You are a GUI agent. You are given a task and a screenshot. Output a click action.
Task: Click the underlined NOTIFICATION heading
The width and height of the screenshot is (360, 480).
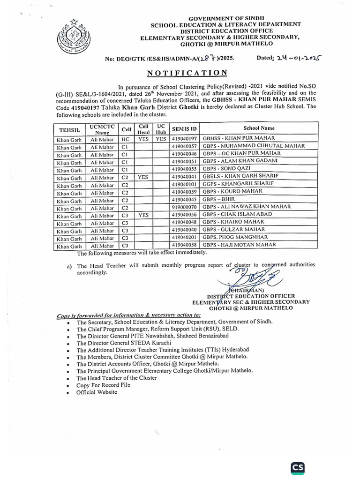pyautogui.click(x=187, y=73)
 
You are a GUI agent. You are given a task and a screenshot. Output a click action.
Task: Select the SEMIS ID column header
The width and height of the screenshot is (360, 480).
pyautogui.click(x=185, y=128)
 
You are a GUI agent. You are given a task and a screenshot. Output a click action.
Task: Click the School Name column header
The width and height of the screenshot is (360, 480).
pyautogui.click(x=259, y=128)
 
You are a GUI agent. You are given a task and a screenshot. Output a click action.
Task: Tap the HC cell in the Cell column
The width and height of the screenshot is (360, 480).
pyautogui.click(x=125, y=139)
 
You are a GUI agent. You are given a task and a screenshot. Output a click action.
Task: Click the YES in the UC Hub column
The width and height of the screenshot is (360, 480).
pyautogui.click(x=161, y=139)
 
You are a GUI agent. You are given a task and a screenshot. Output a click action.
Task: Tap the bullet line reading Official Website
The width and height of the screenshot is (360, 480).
pyautogui.click(x=97, y=392)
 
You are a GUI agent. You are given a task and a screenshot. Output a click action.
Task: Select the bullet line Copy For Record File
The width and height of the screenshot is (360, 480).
pyautogui.click(x=104, y=385)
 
